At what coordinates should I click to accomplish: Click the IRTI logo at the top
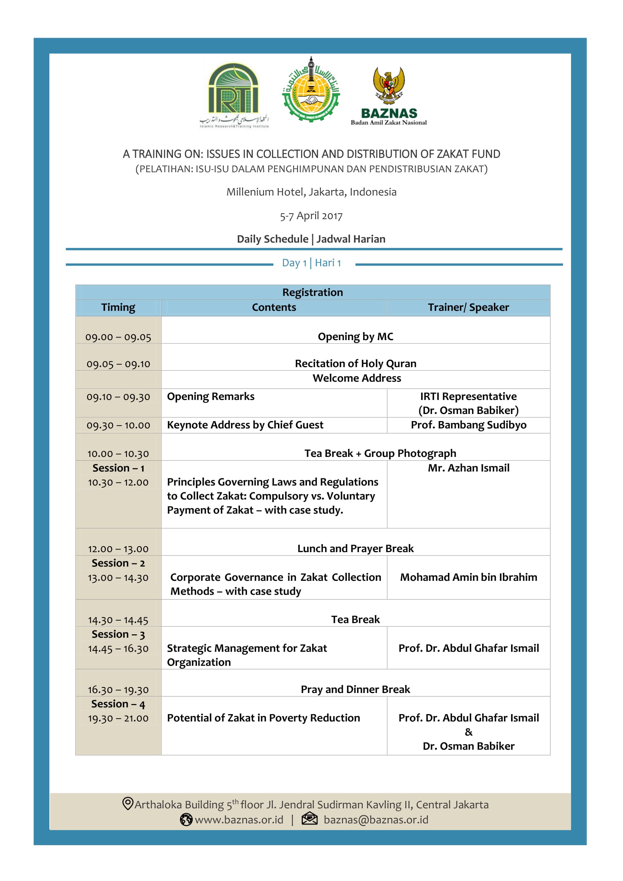coord(234,94)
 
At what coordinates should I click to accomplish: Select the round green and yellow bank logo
coord(311,90)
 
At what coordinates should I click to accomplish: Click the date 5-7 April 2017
coord(311,216)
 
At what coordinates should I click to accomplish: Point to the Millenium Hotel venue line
coord(311,192)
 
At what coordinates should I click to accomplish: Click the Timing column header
coord(118,307)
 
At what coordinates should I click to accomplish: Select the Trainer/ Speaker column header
coord(468,307)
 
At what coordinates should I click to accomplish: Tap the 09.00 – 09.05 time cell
coord(118,337)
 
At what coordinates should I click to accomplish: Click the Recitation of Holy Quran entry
coord(355,363)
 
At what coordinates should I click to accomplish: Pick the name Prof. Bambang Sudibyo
coord(468,425)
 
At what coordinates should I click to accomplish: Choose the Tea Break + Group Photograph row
coord(380,453)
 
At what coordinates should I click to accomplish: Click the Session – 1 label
coord(118,468)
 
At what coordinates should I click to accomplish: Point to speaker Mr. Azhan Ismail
coord(468,468)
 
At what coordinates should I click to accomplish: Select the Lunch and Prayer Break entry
coord(355,548)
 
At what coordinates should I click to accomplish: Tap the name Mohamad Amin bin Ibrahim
coord(468,577)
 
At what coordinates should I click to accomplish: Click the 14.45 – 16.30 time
coord(118,649)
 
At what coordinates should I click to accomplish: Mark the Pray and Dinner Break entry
coord(355,689)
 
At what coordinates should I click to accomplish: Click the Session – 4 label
coord(118,704)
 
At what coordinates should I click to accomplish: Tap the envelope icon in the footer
coord(309,820)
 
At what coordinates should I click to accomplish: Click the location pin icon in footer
coord(127,803)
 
